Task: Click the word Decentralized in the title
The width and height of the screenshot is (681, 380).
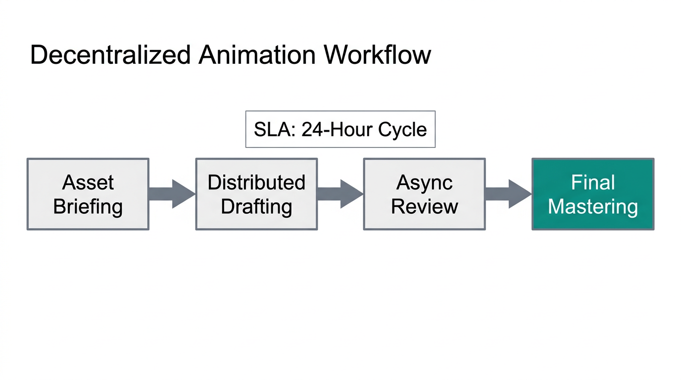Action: coord(110,54)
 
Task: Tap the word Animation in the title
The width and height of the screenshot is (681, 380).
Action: coord(257,54)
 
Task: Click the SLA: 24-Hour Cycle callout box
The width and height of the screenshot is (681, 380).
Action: coord(340,129)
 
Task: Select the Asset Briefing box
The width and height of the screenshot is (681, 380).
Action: coord(88,194)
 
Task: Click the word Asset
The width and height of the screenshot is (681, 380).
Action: coord(88,183)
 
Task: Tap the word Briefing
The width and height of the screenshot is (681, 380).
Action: coord(88,206)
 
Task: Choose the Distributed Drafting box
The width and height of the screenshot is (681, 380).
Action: coord(256,194)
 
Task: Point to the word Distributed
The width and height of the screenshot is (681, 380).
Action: coord(256,183)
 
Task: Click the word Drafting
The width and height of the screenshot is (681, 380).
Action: coord(256,206)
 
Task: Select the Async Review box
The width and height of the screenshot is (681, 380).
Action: coord(425,194)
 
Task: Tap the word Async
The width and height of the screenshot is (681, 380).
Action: coord(425,183)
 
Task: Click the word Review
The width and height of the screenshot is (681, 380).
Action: coord(425,206)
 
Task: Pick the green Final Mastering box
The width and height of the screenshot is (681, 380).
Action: coord(593,194)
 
